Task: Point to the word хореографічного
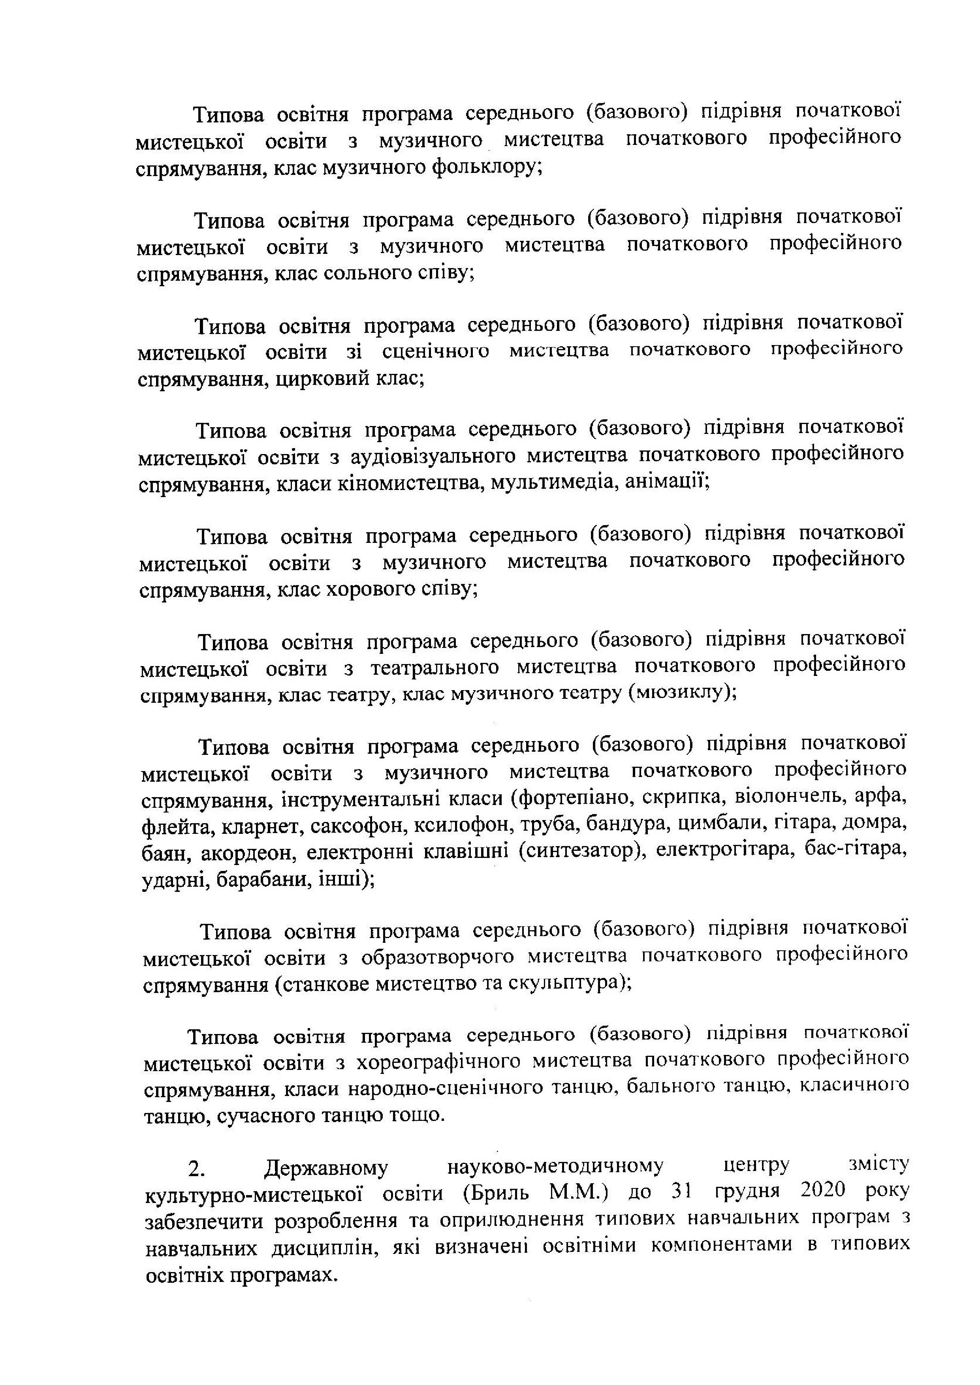point(430,1062)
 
